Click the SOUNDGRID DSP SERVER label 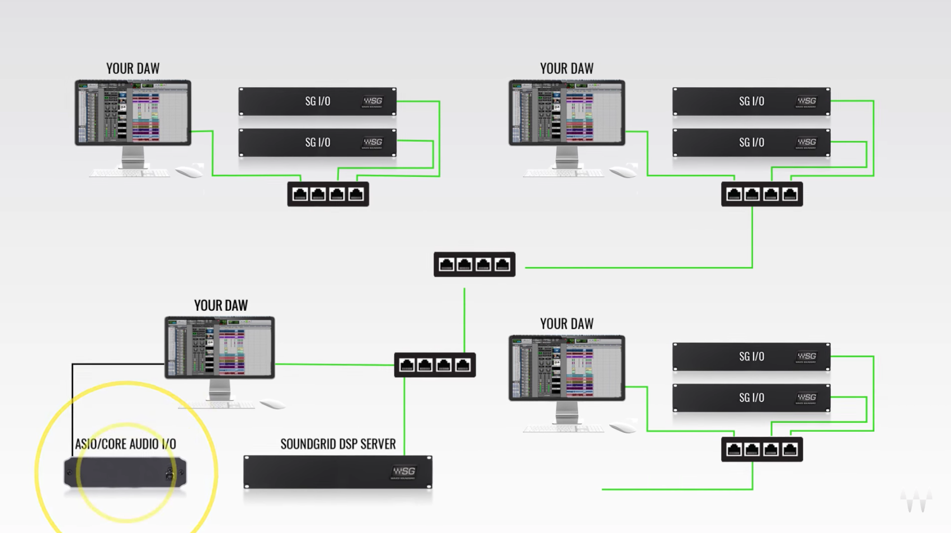coord(338,444)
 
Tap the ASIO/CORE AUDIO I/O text coord(125,444)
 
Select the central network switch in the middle coord(474,264)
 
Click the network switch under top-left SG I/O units coord(328,194)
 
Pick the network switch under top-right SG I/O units coord(762,194)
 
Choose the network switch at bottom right coord(762,450)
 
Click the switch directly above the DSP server coord(435,365)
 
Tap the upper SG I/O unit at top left coord(317,101)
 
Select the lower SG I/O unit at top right coord(751,143)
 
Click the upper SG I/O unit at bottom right coord(751,357)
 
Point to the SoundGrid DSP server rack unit coord(338,472)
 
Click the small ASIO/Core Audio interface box coord(125,472)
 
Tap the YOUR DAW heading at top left coord(133,68)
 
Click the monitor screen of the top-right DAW coord(567,112)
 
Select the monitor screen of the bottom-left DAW coord(219,348)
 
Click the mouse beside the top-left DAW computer coord(190,171)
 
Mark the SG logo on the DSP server coord(403,472)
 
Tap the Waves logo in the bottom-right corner coord(916,500)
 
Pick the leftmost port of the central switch coord(446,264)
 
